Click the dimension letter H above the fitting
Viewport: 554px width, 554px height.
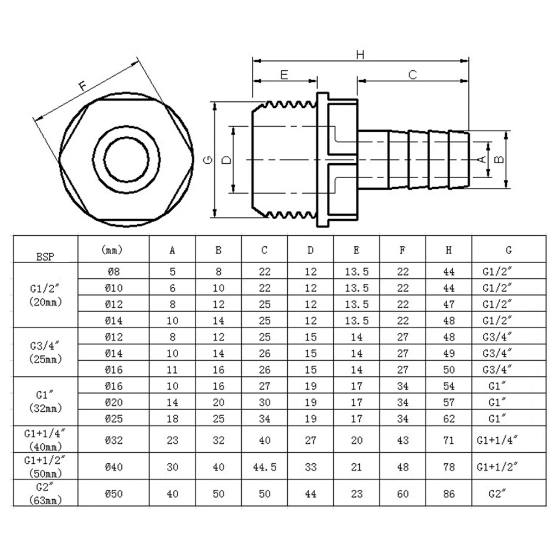tap(360, 54)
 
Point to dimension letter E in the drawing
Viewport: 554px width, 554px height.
tap(284, 75)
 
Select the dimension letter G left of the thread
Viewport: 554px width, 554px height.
tap(208, 160)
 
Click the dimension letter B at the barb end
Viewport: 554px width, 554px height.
tap(498, 159)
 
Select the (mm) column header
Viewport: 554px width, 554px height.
tap(113, 250)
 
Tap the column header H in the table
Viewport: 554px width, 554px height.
tap(448, 250)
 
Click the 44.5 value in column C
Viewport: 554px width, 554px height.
tap(265, 467)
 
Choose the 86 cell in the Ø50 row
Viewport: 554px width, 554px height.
tap(448, 494)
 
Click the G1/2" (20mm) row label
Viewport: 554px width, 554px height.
tap(45, 296)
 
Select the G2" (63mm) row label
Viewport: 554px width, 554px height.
tap(45, 494)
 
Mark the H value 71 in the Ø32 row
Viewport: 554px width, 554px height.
tap(448, 441)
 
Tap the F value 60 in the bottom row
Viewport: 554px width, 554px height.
tap(402, 494)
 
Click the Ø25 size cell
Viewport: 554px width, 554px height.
tap(113, 417)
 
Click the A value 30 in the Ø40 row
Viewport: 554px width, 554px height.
tap(172, 467)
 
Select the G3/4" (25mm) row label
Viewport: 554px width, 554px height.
tap(45, 353)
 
